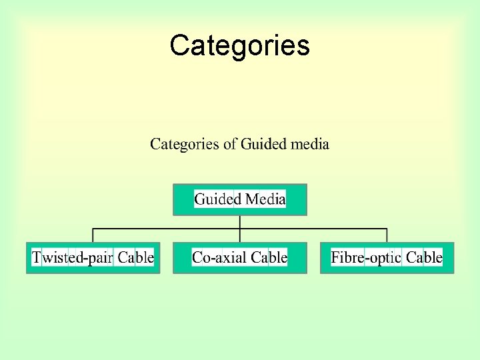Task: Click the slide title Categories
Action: pos(239,45)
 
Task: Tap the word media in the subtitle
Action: pos(310,144)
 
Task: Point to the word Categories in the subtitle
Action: pos(185,144)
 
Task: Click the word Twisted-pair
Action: pos(73,257)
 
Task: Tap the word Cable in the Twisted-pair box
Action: pos(136,257)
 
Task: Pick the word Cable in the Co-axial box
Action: pos(269,257)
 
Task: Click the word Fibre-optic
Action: pos(366,257)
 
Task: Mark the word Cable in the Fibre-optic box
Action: pos(424,257)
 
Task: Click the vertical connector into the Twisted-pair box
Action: pos(93,235)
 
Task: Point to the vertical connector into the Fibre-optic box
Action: pos(387,235)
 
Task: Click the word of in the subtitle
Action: pos(230,144)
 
